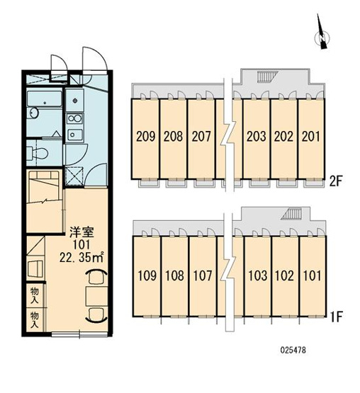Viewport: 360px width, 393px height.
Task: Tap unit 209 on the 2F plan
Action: (x=145, y=137)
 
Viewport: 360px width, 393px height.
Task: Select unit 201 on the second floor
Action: (x=311, y=137)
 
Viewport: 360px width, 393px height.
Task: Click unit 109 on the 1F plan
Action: (x=147, y=275)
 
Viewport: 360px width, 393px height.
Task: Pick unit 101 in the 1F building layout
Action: (x=313, y=275)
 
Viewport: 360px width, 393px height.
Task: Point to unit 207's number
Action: (x=201, y=137)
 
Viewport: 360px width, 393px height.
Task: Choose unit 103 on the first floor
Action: (x=258, y=275)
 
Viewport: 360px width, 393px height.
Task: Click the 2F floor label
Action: (x=336, y=181)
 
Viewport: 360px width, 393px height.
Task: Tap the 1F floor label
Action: (x=337, y=317)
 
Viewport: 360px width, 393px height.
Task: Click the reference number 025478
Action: (x=293, y=350)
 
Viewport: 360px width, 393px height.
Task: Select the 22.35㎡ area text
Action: (x=81, y=258)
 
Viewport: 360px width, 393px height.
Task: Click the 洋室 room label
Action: (x=81, y=232)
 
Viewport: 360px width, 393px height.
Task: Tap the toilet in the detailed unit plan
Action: (x=37, y=153)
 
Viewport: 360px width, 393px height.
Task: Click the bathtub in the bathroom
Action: (x=45, y=99)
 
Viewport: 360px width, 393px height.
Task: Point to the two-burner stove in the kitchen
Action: (x=74, y=118)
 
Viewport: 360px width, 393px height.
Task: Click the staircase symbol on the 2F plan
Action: (x=266, y=76)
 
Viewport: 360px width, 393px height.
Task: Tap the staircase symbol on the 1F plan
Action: (x=291, y=215)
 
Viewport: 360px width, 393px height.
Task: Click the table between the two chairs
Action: (x=96, y=297)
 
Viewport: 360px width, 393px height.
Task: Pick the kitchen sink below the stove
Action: (x=74, y=135)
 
